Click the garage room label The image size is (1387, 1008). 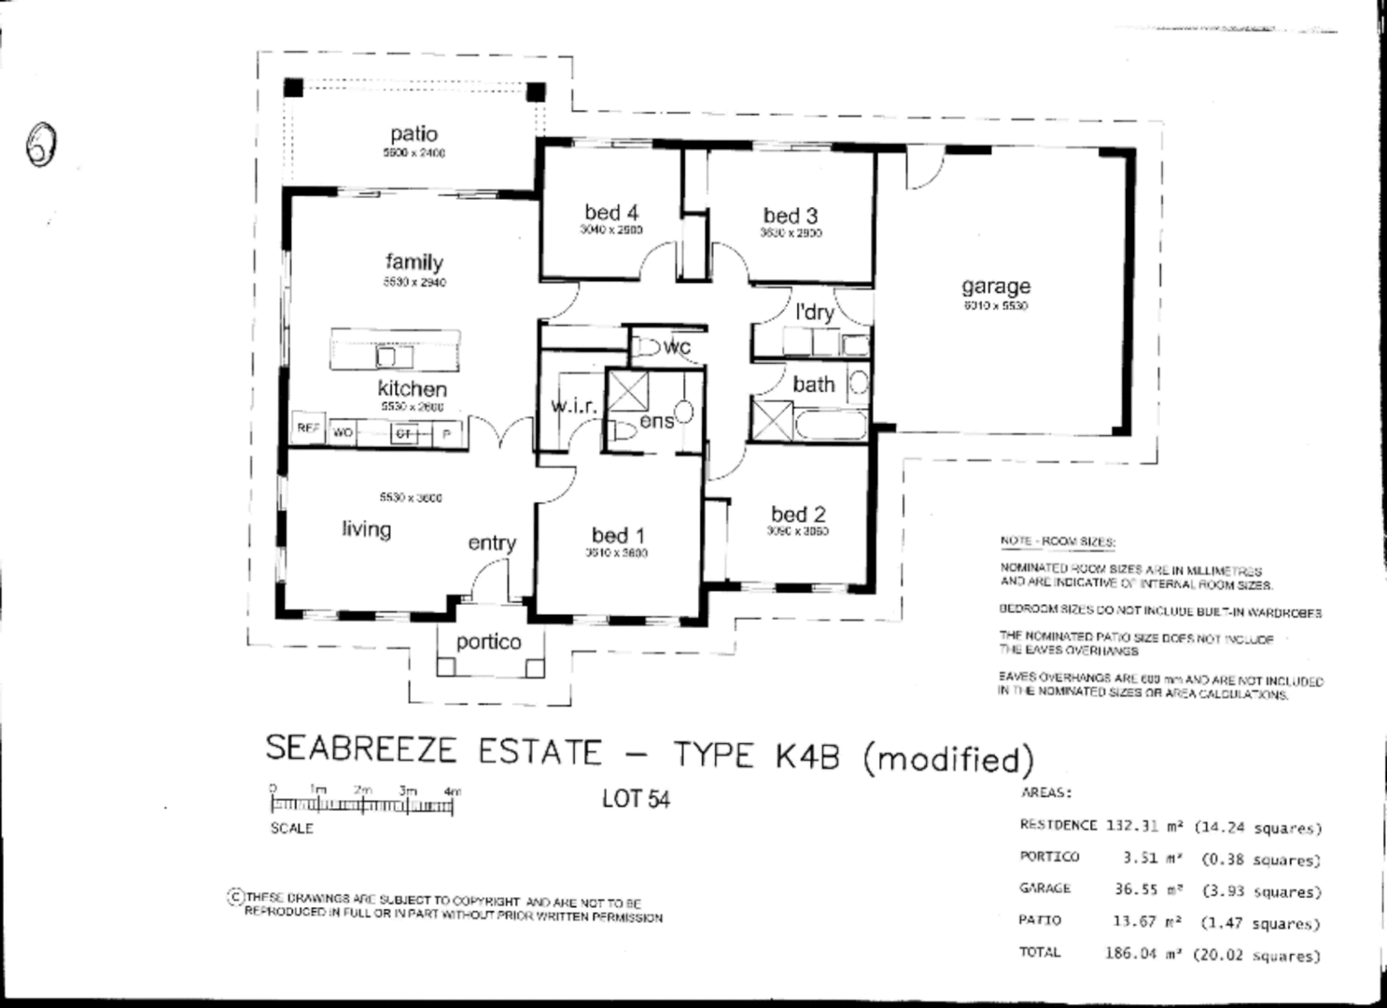coord(996,287)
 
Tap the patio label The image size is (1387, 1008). coord(413,134)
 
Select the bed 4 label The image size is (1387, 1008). coord(611,213)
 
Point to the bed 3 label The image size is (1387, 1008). coord(791,217)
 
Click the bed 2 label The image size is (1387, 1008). coord(798,514)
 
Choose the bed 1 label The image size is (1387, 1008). coord(618,536)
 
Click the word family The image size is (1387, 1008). coord(413,263)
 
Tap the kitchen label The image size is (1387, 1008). coord(412,388)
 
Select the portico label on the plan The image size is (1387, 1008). coord(488,642)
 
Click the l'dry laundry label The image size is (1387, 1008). coord(814,312)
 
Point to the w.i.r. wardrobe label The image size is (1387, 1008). coord(573,406)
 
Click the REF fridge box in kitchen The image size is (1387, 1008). coord(308,429)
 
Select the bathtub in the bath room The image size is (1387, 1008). coord(830,425)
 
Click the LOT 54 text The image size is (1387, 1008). coord(636,799)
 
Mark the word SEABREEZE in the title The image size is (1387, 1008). coord(361,749)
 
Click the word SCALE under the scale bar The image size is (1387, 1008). coord(292,828)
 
